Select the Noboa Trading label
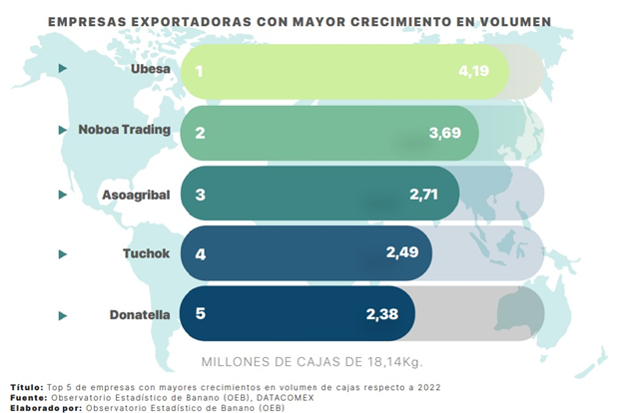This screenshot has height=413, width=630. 125,130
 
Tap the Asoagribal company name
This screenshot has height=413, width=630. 136,194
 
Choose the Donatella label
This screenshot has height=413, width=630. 139,315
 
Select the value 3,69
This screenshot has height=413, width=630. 444,132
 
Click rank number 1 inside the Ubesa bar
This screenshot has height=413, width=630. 200,72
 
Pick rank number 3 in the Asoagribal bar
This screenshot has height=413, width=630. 200,194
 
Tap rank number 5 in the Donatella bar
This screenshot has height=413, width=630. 200,313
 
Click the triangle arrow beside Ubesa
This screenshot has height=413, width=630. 63,69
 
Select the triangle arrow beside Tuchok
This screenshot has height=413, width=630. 63,254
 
